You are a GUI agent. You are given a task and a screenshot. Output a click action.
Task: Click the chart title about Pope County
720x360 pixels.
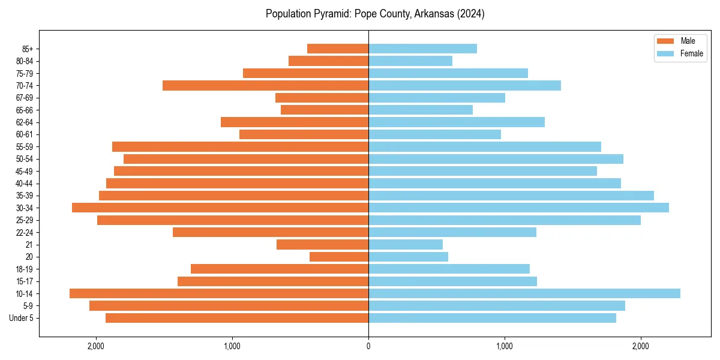point(375,14)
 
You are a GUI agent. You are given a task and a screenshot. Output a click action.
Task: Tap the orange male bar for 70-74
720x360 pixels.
point(265,85)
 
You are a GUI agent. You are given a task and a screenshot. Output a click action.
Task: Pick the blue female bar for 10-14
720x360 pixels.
point(524,293)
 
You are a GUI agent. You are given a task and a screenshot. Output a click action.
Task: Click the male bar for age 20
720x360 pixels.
point(339,257)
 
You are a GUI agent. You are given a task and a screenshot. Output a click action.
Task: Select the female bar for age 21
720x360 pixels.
point(406,244)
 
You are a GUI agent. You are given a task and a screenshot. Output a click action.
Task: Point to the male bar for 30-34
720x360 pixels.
point(220,208)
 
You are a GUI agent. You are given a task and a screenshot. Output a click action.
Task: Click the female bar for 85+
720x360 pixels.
point(422,49)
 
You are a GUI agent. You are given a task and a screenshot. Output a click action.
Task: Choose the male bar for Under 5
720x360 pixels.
point(237,318)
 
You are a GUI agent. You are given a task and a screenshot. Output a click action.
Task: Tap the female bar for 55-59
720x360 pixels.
point(485,146)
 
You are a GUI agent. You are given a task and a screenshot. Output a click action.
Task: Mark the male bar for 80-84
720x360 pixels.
point(328,61)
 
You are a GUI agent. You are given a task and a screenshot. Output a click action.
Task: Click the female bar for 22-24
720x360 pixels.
point(452,232)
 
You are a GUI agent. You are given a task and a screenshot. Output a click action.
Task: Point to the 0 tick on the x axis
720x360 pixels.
point(368,346)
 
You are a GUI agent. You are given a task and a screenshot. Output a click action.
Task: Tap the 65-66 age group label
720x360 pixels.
point(25,110)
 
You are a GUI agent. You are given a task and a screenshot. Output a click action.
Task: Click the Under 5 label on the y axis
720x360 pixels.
point(22,318)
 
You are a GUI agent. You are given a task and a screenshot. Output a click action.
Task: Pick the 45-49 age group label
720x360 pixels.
point(25,171)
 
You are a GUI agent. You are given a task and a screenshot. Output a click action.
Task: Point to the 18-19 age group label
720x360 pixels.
point(25,269)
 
